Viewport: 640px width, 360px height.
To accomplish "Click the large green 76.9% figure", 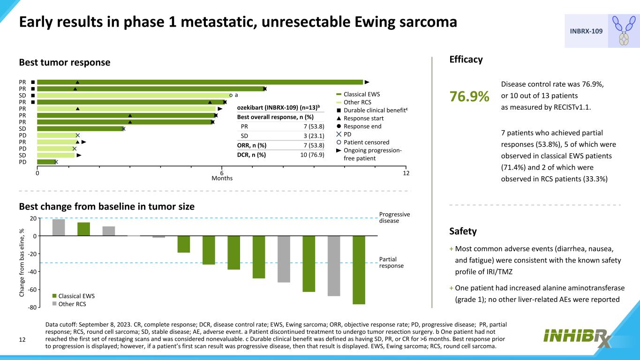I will click(469, 97).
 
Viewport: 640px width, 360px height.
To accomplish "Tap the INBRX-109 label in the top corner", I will click(586, 31).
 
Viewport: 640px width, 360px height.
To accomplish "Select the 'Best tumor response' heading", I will click(65, 62).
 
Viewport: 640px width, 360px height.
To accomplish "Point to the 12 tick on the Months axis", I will click(406, 173).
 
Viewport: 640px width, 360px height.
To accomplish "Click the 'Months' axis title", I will click(222, 178).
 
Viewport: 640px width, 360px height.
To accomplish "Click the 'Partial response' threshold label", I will click(388, 262).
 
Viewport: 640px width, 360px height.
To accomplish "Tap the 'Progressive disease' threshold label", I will click(394, 217).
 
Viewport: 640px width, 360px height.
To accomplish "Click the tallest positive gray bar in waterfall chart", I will click(59, 227).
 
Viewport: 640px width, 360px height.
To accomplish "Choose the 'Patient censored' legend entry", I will click(366, 142).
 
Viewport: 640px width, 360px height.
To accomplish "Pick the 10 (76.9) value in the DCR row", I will click(312, 155).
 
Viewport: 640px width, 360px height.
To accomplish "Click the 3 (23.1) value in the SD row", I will click(314, 136).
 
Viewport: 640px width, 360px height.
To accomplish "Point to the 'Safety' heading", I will click(463, 231).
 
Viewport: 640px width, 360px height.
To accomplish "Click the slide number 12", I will click(22, 339).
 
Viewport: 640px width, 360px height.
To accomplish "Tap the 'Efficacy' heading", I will click(466, 60).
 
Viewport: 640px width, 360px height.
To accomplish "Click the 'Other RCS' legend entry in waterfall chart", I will click(72, 304).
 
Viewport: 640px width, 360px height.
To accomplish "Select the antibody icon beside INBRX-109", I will click(624, 31).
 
